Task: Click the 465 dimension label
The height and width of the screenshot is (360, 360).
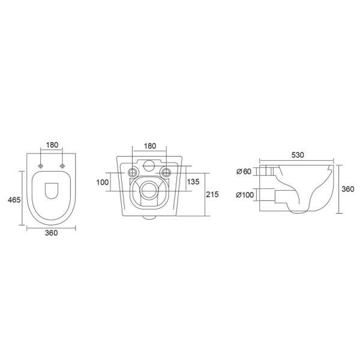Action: pyautogui.click(x=14, y=200)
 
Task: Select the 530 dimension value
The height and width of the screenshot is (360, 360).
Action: pyautogui.click(x=298, y=155)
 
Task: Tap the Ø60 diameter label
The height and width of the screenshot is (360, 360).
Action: pyautogui.click(x=244, y=171)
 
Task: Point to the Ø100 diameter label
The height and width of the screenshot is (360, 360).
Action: pyautogui.click(x=245, y=195)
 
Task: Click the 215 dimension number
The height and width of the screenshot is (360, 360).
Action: pyautogui.click(x=212, y=194)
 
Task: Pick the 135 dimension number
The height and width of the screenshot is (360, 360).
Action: pyautogui.click(x=193, y=182)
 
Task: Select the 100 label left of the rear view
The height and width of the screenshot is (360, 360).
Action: pyautogui.click(x=103, y=182)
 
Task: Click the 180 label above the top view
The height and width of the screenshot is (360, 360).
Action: pyautogui.click(x=52, y=145)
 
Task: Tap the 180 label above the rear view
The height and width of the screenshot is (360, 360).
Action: pyautogui.click(x=149, y=146)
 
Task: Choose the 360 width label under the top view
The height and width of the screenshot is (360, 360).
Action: pyautogui.click(x=51, y=233)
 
